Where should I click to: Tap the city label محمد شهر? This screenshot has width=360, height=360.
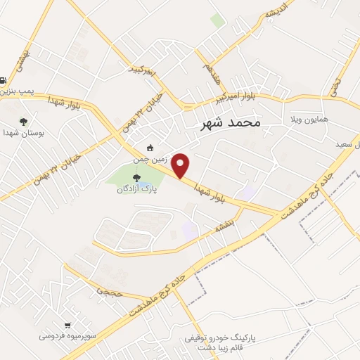[x=226, y=122]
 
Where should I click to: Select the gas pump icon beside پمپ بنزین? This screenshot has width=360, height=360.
[x=4, y=80]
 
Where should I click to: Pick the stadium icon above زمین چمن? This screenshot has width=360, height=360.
[x=150, y=148]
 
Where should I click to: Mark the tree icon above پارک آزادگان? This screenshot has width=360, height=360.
[x=136, y=177]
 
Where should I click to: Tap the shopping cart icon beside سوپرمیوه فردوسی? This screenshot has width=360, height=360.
[x=67, y=325]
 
